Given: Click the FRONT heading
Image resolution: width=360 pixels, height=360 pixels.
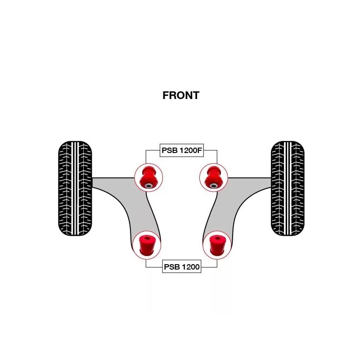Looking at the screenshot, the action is (x=180, y=95).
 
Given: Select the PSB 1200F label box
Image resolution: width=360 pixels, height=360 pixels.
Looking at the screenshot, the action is (x=181, y=151).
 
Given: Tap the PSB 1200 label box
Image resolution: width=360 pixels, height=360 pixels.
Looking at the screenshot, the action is (x=181, y=267).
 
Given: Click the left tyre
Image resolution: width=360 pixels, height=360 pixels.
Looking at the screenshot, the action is (x=75, y=189).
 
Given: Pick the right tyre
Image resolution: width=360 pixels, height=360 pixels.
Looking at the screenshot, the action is (x=287, y=189).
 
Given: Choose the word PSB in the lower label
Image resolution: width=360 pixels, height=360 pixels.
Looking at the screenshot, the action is (x=172, y=267).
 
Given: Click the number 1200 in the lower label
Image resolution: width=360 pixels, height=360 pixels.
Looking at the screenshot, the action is (x=191, y=267).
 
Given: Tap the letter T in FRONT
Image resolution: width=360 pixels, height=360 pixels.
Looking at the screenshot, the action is (x=195, y=95).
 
